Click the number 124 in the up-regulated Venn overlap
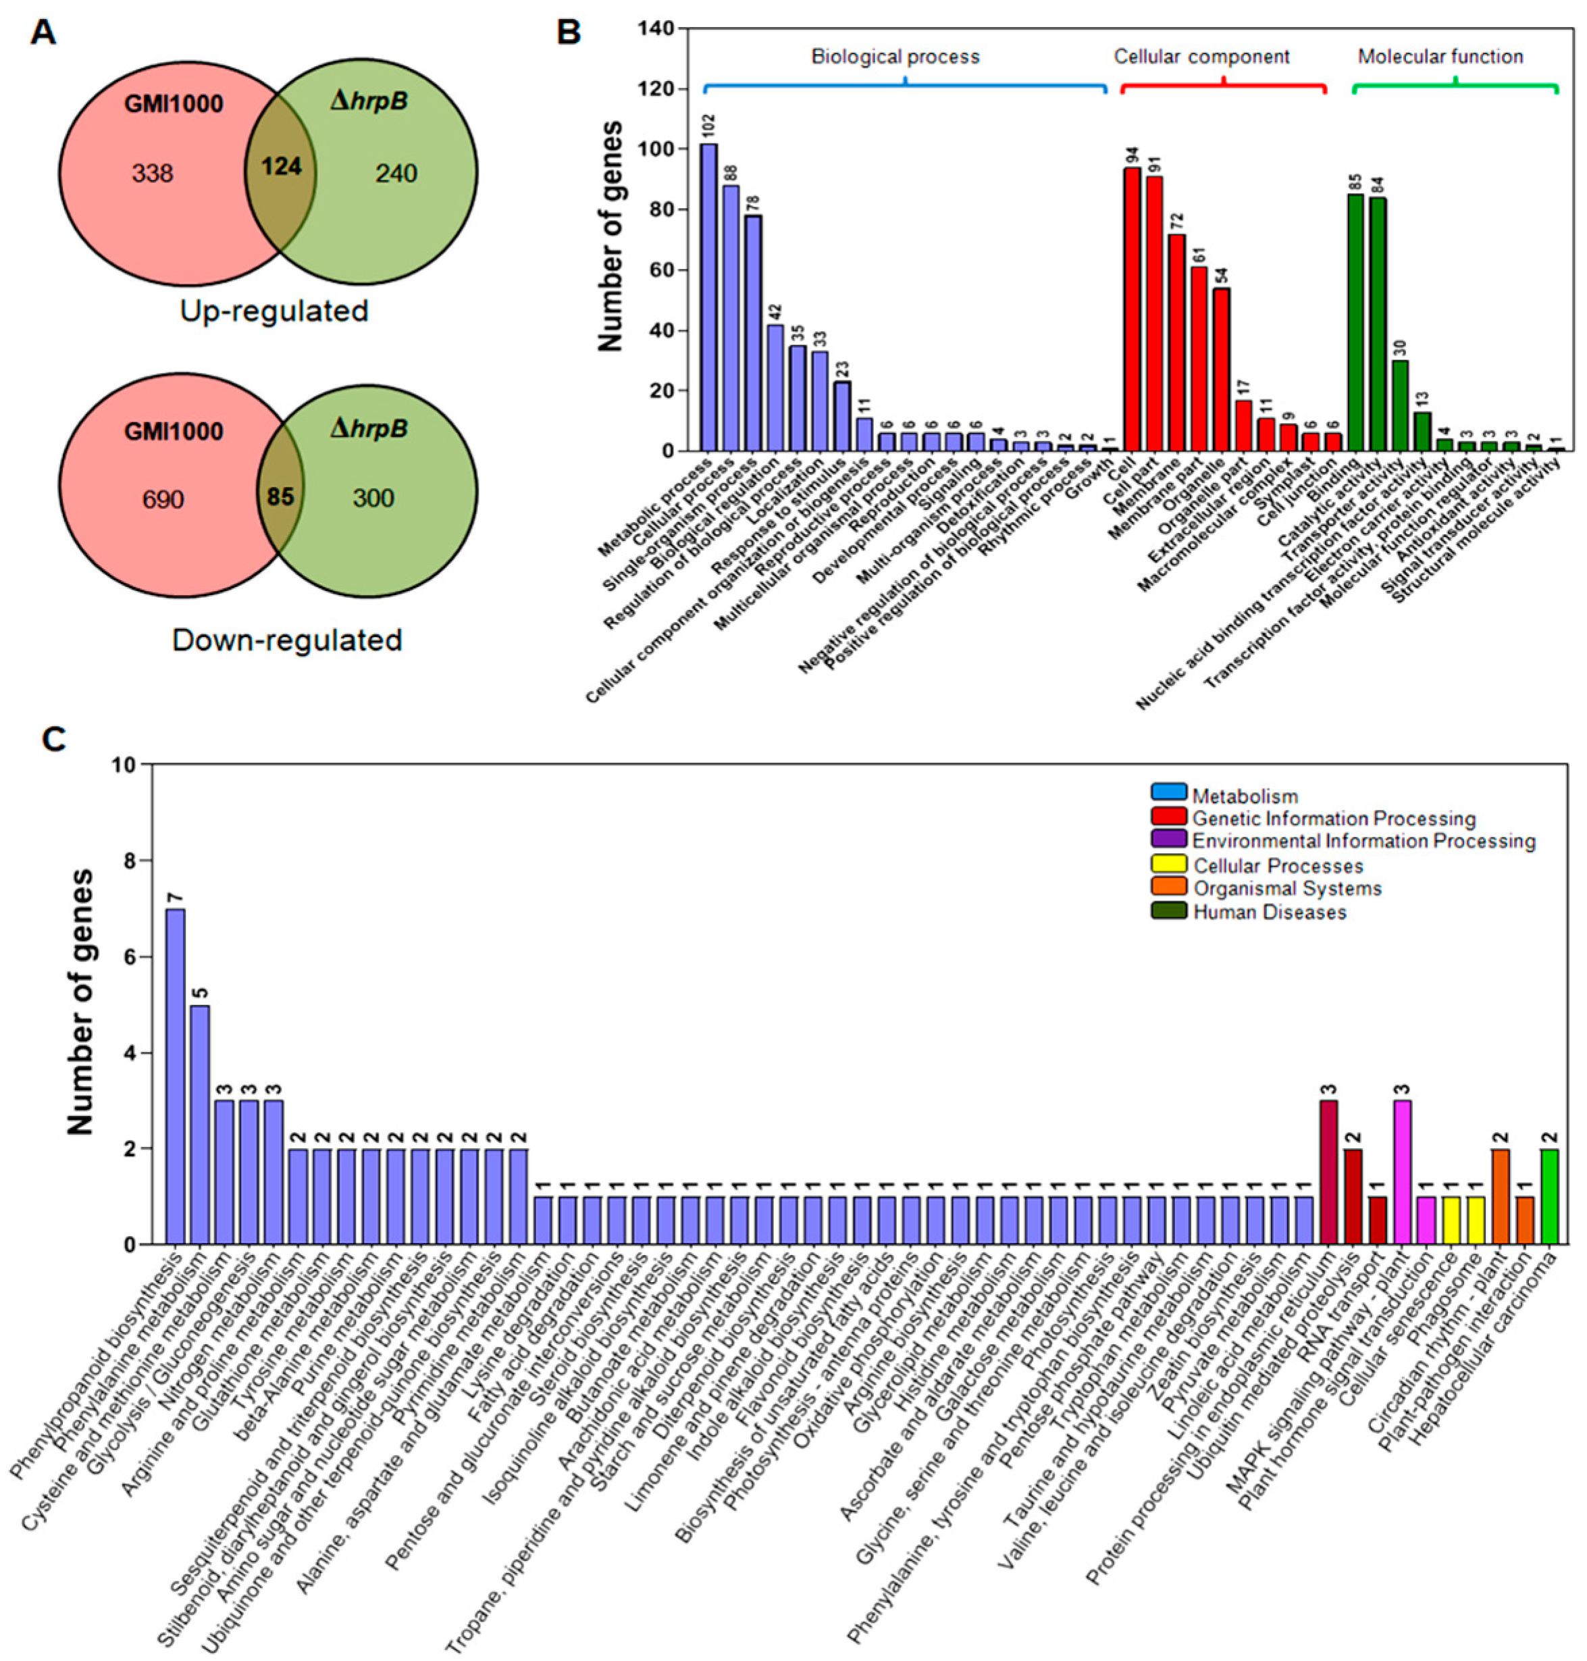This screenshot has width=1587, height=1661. (x=281, y=166)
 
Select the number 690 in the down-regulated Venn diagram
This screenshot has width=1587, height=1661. (x=163, y=499)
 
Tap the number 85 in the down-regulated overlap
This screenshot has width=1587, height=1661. (x=280, y=496)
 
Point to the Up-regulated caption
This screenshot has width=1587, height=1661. (x=274, y=311)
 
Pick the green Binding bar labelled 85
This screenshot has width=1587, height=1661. (x=1355, y=322)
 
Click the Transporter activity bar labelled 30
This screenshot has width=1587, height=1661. (x=1400, y=405)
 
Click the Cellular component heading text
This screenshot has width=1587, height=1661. (x=1201, y=57)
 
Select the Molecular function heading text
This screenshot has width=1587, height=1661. (x=1440, y=57)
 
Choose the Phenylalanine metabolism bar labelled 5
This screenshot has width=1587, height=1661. (x=200, y=1125)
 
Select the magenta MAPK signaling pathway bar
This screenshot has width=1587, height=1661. (x=1402, y=1172)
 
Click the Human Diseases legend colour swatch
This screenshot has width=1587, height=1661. (x=1168, y=911)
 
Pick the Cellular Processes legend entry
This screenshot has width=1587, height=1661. (x=1278, y=865)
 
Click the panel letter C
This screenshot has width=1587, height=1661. (x=53, y=739)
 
